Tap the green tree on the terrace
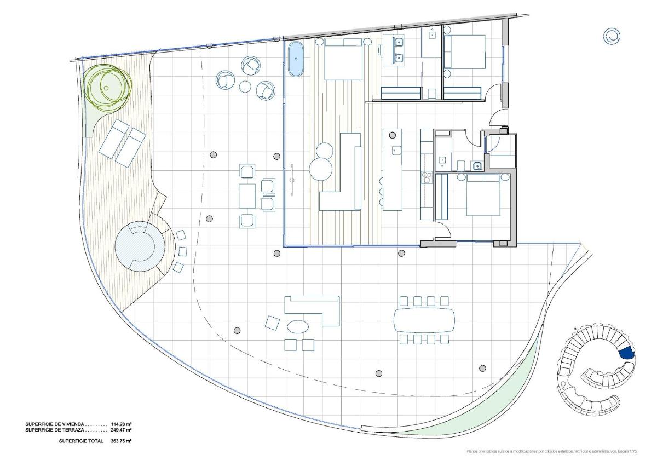point(107,85)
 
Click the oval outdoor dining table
point(424,320)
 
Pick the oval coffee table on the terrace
point(298,327)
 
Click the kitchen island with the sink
point(392,169)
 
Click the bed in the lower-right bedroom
point(483,196)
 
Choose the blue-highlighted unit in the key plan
point(627,353)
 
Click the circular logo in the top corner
point(611,37)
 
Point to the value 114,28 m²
point(121,424)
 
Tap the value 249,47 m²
point(121,430)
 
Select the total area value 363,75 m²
point(121,441)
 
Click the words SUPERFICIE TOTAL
point(80,441)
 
